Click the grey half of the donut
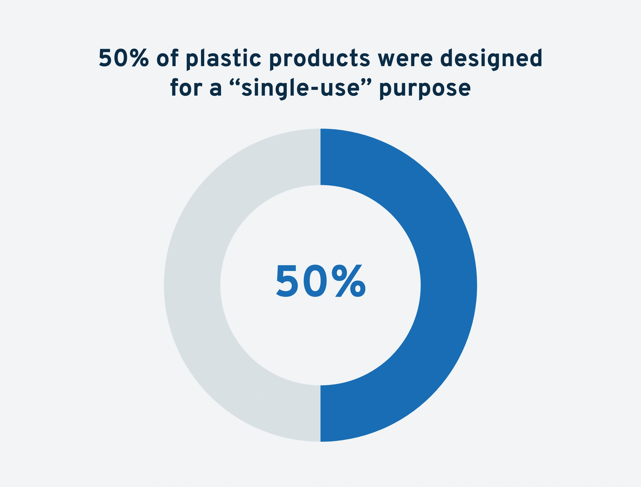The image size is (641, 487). click(192, 285)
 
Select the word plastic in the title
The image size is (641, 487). click(223, 59)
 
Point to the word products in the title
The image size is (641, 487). click(320, 59)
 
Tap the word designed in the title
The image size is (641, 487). click(491, 59)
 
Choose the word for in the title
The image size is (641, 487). click(186, 87)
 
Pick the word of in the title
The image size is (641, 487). click(167, 58)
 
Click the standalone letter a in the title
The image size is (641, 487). click(216, 89)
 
